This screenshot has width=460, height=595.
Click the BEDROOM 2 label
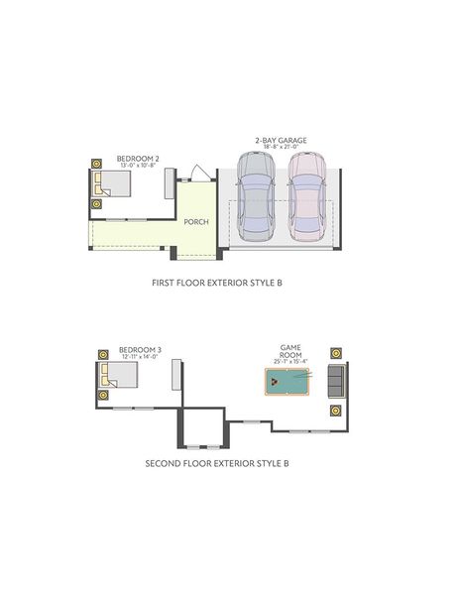(138, 159)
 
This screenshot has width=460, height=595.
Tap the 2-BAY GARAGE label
(280, 141)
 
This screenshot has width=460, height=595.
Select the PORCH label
(196, 222)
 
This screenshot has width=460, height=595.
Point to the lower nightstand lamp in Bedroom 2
(96, 204)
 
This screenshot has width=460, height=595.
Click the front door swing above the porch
(197, 175)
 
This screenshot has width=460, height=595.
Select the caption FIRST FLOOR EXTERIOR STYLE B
(217, 283)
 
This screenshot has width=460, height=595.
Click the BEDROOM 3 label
(140, 349)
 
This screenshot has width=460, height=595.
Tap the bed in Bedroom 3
(118, 375)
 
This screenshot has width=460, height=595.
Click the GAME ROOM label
(289, 352)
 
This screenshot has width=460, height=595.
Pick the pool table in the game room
(287, 381)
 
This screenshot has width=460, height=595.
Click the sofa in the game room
(336, 380)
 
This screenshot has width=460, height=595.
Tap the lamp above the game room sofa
(337, 353)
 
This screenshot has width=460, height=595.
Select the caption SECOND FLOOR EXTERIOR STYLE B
(217, 463)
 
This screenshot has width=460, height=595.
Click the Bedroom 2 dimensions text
(138, 166)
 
